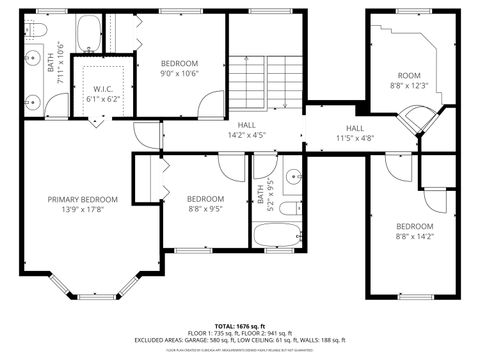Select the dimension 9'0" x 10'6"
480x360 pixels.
[180, 73]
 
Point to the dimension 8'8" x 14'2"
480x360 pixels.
[414, 237]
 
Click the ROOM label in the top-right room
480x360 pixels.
[409, 75]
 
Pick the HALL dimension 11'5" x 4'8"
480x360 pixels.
[355, 139]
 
